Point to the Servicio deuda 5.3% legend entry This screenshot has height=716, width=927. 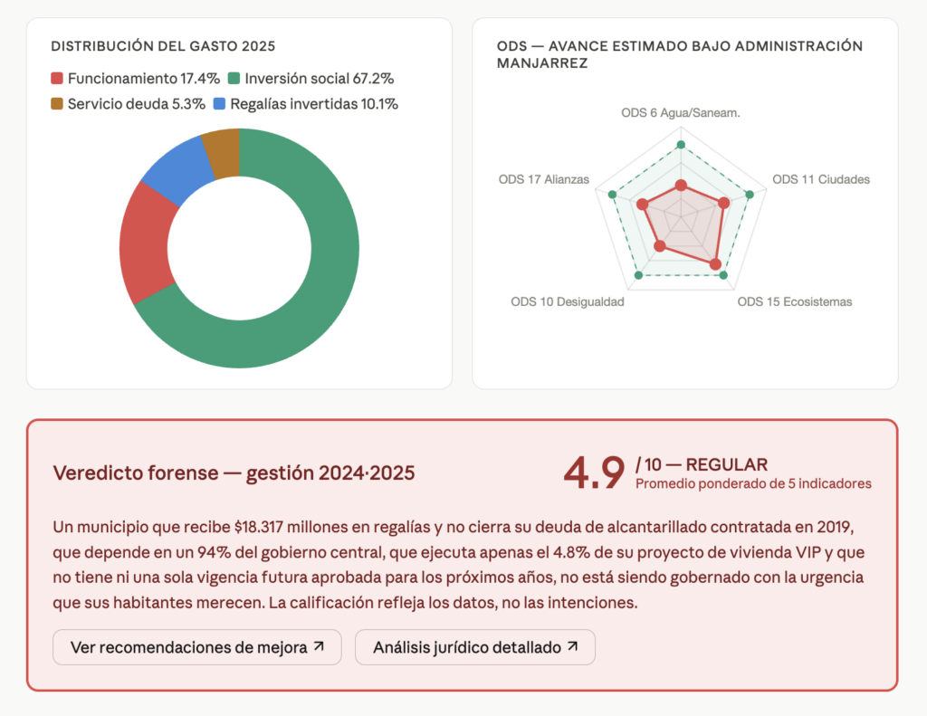point(127,104)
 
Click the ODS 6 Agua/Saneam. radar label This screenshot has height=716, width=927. point(681,113)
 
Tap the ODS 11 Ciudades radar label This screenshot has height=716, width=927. point(820,179)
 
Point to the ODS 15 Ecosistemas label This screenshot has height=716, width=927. point(794,301)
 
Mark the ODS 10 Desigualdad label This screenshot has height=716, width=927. point(568,301)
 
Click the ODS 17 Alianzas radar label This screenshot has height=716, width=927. point(543,179)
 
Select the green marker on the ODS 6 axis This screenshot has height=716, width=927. point(681,145)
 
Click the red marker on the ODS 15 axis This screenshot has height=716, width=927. point(715,265)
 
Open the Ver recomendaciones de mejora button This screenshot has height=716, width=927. point(197,647)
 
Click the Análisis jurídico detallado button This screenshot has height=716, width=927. point(475,647)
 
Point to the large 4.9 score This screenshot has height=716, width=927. point(594,472)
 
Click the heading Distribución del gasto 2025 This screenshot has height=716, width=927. point(163,46)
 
